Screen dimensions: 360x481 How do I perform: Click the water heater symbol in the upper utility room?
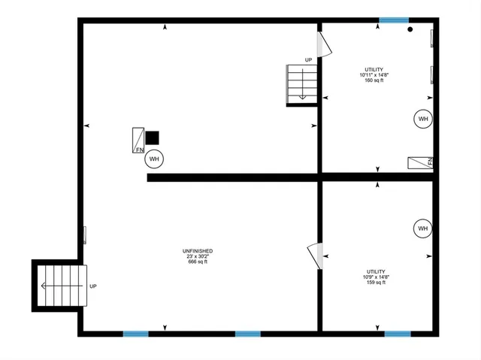click(422, 119)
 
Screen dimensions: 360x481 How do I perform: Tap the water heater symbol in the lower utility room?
click(422, 228)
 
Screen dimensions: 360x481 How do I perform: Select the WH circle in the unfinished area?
click(154, 159)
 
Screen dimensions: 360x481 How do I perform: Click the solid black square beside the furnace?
click(153, 138)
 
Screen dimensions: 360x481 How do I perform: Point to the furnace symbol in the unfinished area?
click(139, 140)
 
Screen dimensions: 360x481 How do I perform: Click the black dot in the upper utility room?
click(410, 30)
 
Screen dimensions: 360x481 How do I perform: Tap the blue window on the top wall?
click(394, 20)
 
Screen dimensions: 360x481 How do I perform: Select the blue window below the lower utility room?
click(398, 334)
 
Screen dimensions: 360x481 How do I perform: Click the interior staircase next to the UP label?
click(301, 83)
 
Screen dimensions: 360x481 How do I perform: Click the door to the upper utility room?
click(325, 44)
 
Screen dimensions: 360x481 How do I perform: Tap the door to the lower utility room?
click(316, 256)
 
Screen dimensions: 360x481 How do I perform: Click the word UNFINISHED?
click(197, 251)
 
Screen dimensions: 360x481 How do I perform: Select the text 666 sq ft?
click(197, 263)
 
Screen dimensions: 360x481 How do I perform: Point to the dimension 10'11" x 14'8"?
click(374, 75)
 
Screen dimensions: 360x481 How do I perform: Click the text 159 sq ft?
click(376, 283)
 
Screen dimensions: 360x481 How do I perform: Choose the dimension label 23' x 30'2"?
click(197, 257)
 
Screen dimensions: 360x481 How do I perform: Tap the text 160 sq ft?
click(374, 81)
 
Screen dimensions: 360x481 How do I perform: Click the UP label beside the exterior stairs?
click(93, 286)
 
